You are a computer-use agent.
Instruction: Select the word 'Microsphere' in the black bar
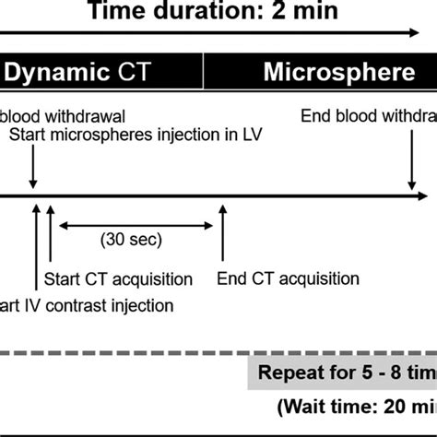[x=338, y=70]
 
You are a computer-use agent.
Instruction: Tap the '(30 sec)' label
[x=131, y=241]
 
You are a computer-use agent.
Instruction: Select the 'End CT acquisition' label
[x=288, y=278]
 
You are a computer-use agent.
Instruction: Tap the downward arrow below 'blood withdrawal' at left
[x=33, y=166]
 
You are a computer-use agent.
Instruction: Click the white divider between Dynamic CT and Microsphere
[x=203, y=70]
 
